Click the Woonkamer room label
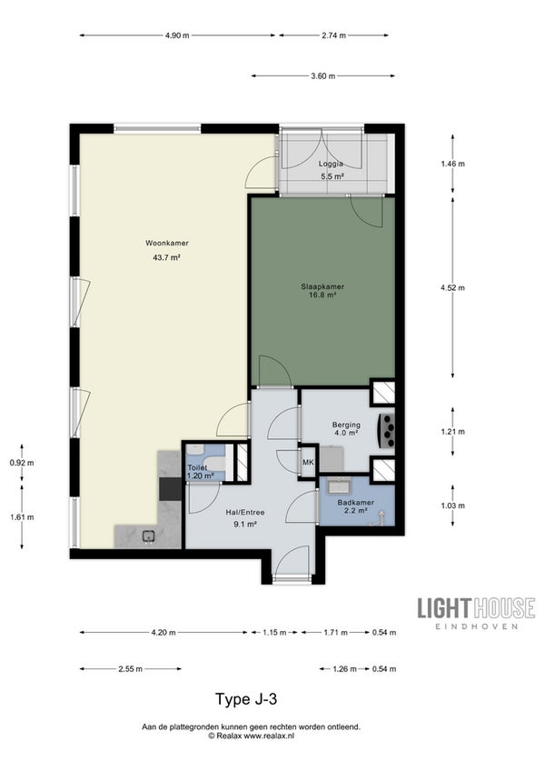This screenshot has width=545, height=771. [166, 243]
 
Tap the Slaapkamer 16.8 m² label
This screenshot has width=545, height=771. [322, 291]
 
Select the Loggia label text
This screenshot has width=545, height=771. [331, 164]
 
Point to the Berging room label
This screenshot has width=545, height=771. [346, 425]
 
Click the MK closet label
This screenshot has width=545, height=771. [308, 462]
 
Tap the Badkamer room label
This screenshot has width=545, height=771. [356, 502]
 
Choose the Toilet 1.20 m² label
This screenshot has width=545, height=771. [201, 472]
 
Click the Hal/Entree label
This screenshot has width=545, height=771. [245, 512]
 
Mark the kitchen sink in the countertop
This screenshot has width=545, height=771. [148, 536]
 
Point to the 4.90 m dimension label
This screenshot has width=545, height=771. [177, 35]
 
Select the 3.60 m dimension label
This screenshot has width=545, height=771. [323, 75]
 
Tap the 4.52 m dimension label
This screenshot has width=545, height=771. [452, 287]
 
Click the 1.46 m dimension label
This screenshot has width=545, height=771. [452, 164]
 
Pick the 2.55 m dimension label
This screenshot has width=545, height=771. [130, 669]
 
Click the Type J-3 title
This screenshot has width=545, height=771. [246, 698]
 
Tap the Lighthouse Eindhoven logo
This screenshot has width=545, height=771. [476, 613]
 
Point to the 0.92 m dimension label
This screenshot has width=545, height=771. [22, 463]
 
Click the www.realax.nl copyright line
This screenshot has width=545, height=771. [251, 736]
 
